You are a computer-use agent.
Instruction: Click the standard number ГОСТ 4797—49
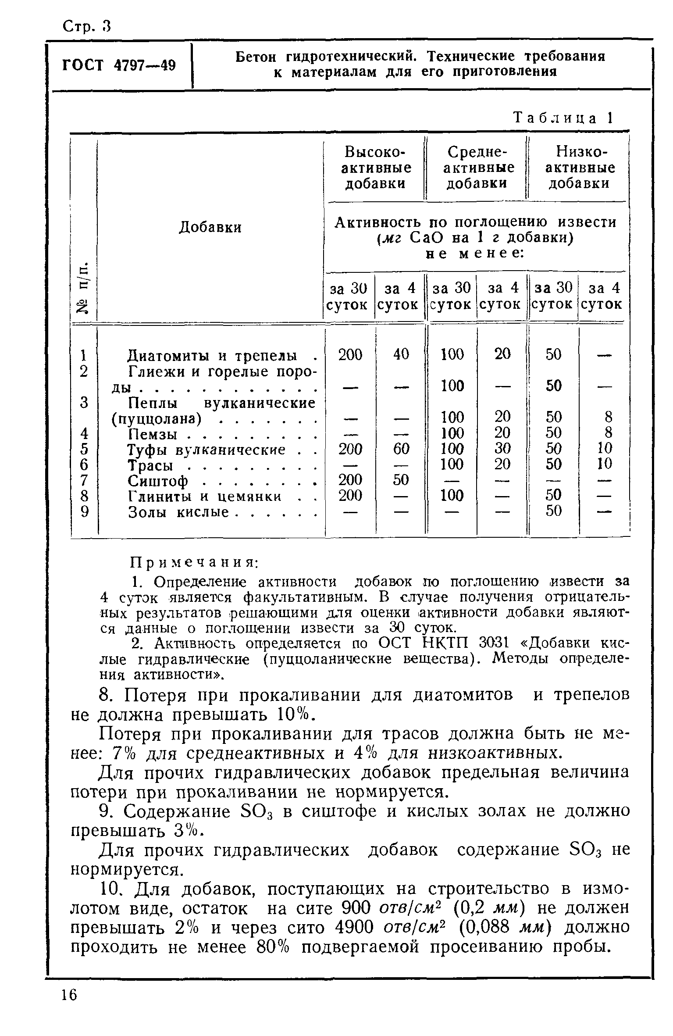119,66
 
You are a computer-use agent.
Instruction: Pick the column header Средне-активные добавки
477,168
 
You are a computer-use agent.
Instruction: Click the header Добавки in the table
210,227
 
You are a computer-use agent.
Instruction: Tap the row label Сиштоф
158,481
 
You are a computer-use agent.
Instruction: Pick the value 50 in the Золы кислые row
554,511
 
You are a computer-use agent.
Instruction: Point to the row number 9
85,512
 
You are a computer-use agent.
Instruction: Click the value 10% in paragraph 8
292,715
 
